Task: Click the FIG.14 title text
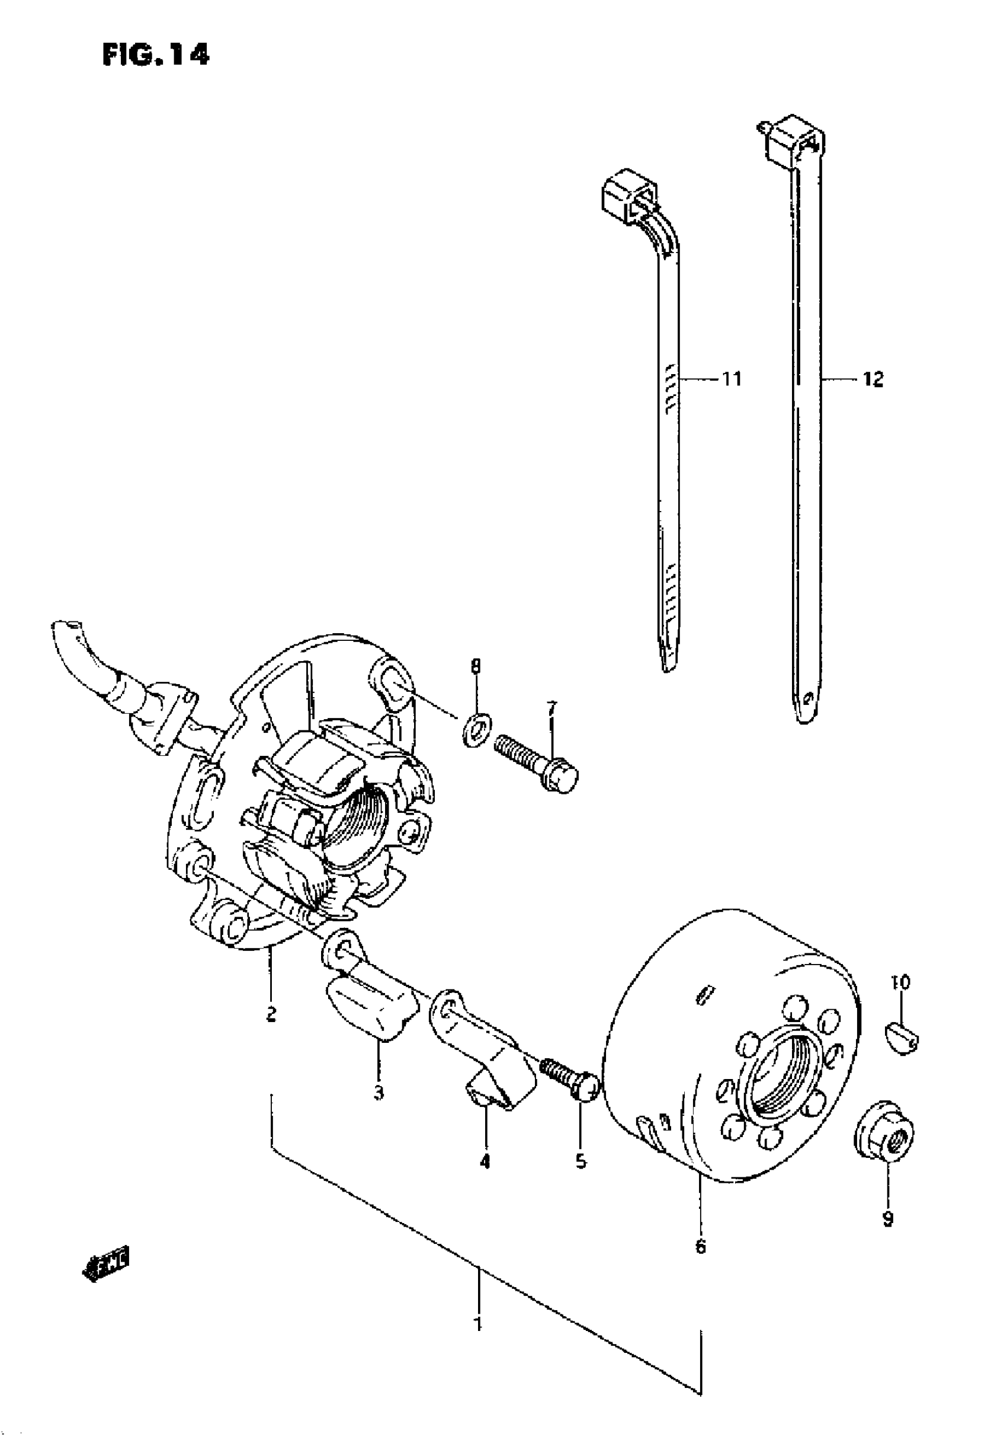click(x=155, y=55)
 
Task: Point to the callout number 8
click(x=476, y=666)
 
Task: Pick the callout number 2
click(x=271, y=1014)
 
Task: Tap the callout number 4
click(x=484, y=1161)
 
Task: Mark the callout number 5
click(x=581, y=1161)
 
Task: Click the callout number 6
click(x=701, y=1246)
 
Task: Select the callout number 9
click(x=887, y=1220)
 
